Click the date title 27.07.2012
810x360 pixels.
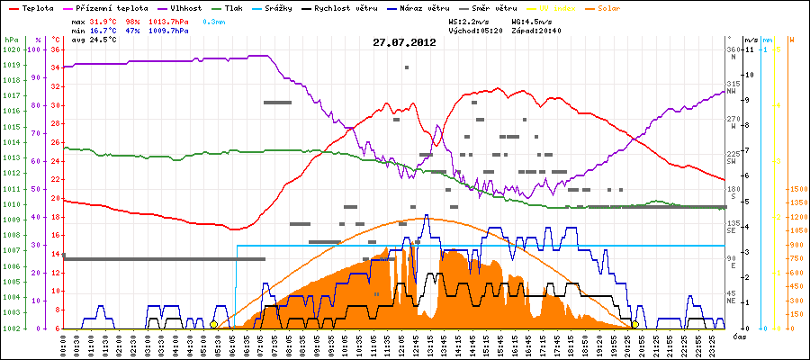pos(404,42)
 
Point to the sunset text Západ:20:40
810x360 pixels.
pos(538,30)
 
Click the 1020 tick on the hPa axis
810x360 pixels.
pos(10,49)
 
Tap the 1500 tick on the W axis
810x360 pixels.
pos(797,190)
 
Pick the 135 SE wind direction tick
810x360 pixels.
pos(733,226)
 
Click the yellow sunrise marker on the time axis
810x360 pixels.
pos(213,324)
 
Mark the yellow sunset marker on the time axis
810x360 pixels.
pos(635,324)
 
